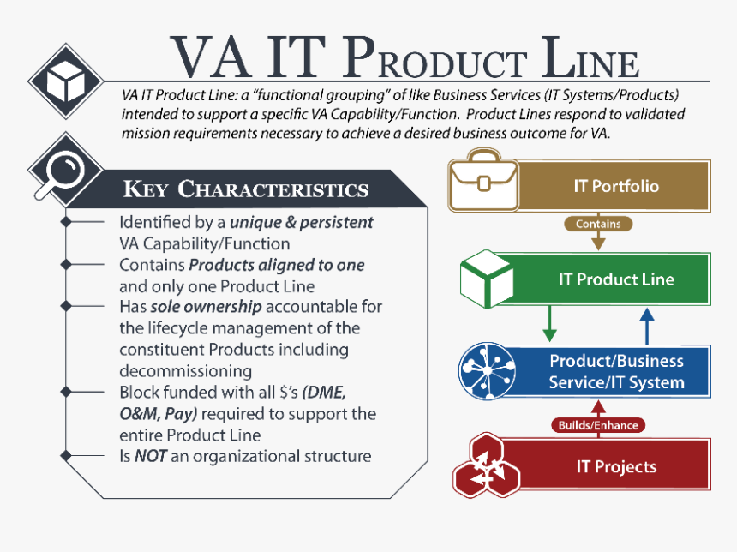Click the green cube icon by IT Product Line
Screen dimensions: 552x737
pyautogui.click(x=487, y=279)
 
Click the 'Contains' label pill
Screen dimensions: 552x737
pyautogui.click(x=598, y=224)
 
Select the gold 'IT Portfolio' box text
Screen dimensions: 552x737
pyautogui.click(x=616, y=186)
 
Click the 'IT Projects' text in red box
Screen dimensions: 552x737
pyautogui.click(x=616, y=467)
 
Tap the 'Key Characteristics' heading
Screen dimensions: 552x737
pyautogui.click(x=246, y=189)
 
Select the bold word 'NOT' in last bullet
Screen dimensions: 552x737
pyautogui.click(x=150, y=456)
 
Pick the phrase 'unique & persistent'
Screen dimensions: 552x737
pyautogui.click(x=306, y=222)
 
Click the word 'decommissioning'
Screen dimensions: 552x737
pyautogui.click(x=185, y=371)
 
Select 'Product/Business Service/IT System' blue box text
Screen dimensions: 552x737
pyautogui.click(x=616, y=372)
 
